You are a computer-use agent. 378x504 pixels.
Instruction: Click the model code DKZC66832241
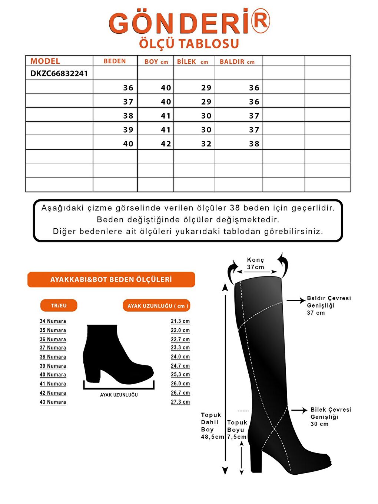click(59, 73)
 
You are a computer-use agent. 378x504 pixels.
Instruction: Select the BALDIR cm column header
click(237, 62)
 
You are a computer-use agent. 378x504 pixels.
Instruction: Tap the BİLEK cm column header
click(192, 62)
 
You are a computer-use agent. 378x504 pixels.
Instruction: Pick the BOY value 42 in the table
click(166, 144)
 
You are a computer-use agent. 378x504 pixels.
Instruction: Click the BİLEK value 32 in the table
click(206, 144)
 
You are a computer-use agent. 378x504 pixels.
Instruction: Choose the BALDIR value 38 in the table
click(254, 144)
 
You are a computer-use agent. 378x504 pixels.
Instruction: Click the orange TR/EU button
click(59, 305)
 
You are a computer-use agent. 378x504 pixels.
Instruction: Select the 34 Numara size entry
click(53, 321)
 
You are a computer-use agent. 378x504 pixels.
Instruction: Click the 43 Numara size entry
click(53, 402)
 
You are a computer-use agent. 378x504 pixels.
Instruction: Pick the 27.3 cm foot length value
click(180, 402)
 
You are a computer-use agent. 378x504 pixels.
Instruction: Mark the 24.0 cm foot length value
click(180, 357)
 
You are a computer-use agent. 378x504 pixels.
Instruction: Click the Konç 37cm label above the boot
click(256, 263)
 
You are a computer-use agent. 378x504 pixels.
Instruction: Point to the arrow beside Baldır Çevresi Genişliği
click(296, 301)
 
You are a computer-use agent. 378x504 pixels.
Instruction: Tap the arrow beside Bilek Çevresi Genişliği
click(299, 410)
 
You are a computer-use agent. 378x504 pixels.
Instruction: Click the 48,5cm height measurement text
click(212, 437)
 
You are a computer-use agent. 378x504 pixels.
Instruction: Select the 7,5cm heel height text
click(237, 437)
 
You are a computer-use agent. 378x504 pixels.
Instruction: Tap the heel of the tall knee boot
click(256, 460)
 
